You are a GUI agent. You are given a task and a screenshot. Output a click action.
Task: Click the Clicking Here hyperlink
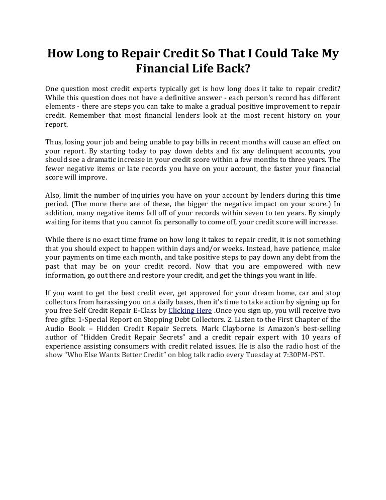tap(190, 310)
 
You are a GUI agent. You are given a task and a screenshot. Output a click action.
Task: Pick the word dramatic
tap(91, 159)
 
